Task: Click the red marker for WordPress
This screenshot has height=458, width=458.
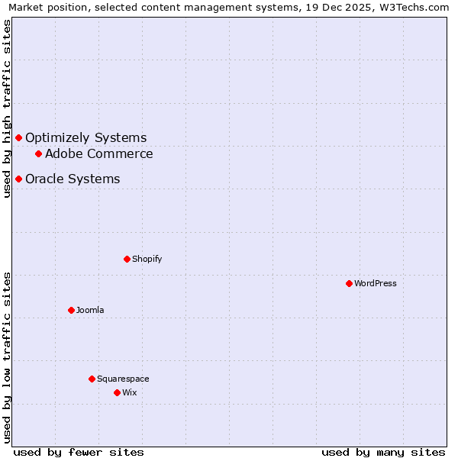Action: coord(349,283)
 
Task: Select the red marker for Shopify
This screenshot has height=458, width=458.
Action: coord(127,259)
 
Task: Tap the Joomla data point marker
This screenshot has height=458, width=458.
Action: coord(71,310)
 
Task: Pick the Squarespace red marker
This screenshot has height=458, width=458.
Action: coord(92,379)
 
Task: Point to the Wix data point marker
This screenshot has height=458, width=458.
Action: coord(117,392)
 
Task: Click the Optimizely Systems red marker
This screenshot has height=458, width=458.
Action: coord(18,137)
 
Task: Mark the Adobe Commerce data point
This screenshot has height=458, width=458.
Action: coord(38,153)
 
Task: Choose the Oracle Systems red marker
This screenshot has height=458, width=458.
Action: coord(18,179)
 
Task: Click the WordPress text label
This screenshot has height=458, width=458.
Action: coord(376,283)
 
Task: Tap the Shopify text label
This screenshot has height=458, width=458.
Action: coord(147,259)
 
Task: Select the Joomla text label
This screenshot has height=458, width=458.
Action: coord(90,310)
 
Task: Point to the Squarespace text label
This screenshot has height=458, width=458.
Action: coord(123,379)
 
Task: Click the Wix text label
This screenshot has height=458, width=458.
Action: coord(130,392)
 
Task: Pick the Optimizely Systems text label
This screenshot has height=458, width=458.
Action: coord(85,137)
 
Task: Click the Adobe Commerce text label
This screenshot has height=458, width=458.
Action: coord(99,153)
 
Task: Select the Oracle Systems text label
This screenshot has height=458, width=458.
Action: coord(73,179)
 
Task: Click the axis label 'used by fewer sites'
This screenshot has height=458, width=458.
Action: coord(79,452)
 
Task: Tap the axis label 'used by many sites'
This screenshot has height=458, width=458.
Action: coord(383,452)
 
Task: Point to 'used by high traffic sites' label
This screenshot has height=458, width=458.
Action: coord(7,108)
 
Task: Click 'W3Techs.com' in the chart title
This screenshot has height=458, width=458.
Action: coord(417,7)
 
